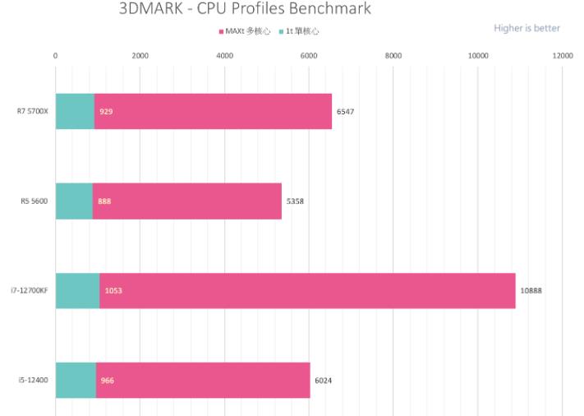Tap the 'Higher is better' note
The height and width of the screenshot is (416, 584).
click(527, 28)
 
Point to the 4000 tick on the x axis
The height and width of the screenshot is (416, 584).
click(224, 56)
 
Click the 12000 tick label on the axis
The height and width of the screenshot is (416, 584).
click(563, 56)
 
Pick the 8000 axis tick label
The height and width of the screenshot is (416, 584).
click(393, 56)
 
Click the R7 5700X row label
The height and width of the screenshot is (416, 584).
click(33, 111)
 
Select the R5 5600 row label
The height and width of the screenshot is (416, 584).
click(35, 201)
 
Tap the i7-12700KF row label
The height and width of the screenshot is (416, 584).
click(30, 290)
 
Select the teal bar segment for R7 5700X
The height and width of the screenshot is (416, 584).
click(75, 111)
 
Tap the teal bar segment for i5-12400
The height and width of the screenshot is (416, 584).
click(76, 380)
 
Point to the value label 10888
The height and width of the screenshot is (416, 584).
click(531, 290)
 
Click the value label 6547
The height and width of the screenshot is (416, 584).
click(345, 111)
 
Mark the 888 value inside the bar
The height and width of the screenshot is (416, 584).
click(104, 201)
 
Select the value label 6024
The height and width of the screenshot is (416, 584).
click(324, 380)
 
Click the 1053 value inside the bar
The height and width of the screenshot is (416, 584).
click(113, 290)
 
